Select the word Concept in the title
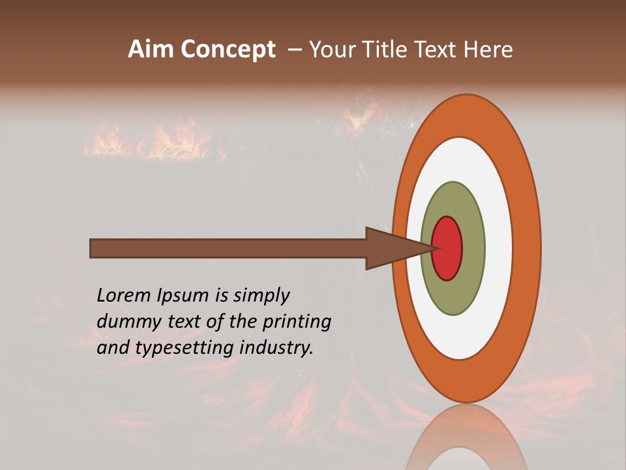tap(228, 50)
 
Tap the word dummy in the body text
tap(127, 322)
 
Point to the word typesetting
tap(183, 349)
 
